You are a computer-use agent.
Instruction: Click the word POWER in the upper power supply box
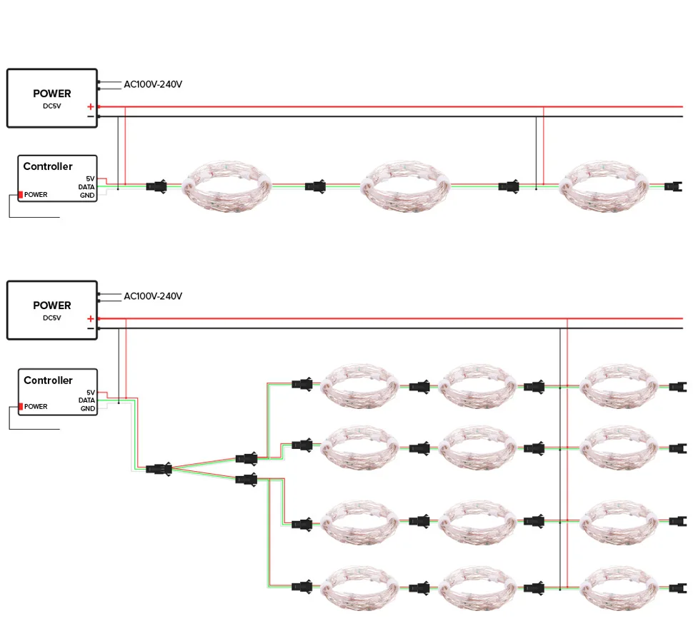coord(51,94)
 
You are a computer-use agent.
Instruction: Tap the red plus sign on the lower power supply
coord(91,318)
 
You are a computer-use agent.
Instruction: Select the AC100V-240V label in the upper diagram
coord(153,84)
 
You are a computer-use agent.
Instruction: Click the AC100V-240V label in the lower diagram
coord(153,296)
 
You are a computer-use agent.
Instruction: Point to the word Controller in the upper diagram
coord(48,166)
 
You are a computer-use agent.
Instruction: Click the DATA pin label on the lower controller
coord(86,400)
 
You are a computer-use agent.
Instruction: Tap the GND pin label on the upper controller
coord(87,195)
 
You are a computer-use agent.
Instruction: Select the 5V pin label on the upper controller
coord(90,179)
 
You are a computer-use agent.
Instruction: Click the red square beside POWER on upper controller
coord(20,195)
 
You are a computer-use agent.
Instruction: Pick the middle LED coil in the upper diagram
coord(405,187)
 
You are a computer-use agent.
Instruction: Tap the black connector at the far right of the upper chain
coord(673,187)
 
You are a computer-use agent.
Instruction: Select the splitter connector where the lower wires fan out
coord(159,468)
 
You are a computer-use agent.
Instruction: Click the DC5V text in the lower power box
coord(51,318)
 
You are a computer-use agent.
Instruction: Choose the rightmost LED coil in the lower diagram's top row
coord(619,386)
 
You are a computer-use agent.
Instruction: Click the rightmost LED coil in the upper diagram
coord(604,187)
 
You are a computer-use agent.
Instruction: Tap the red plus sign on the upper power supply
coord(91,106)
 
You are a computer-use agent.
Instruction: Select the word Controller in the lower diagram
coord(48,380)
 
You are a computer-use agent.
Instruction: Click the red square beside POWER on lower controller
coord(20,407)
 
